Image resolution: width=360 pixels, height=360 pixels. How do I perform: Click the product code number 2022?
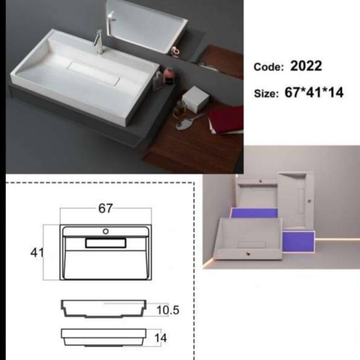[306, 66]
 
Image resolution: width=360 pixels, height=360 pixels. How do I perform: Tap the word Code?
[269, 67]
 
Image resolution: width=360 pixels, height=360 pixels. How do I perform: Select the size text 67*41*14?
[314, 92]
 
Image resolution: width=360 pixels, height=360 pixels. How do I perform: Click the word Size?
[266, 94]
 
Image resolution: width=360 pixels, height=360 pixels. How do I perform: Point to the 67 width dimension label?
[105, 208]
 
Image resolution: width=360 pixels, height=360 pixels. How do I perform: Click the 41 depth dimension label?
[37, 252]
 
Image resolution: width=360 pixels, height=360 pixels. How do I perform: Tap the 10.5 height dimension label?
[168, 310]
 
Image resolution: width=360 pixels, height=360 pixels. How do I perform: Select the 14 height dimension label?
[160, 338]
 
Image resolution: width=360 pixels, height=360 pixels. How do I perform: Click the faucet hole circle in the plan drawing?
[105, 231]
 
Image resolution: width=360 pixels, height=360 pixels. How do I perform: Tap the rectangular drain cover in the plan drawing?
[105, 243]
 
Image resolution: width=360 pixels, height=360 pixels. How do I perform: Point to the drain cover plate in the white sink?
[94, 72]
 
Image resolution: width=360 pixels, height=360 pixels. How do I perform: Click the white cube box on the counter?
[195, 99]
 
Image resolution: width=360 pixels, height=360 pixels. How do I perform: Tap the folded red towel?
[226, 120]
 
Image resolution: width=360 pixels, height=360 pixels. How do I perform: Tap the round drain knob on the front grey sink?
[248, 253]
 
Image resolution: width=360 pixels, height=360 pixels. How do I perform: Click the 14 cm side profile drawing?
[104, 337]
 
